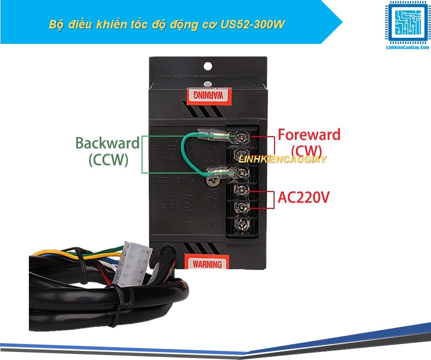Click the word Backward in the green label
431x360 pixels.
tap(107, 143)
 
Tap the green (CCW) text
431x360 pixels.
tap(108, 160)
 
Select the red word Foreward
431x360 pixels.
tap(309, 135)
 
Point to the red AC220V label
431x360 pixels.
tap(304, 198)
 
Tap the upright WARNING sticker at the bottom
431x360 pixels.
tap(207, 263)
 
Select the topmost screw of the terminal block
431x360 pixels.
tap(241, 136)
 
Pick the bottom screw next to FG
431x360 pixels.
tap(241, 224)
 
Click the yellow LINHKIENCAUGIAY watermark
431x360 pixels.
tap(283, 160)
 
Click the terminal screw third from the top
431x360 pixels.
tap(241, 172)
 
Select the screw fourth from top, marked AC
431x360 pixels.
tap(241, 189)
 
